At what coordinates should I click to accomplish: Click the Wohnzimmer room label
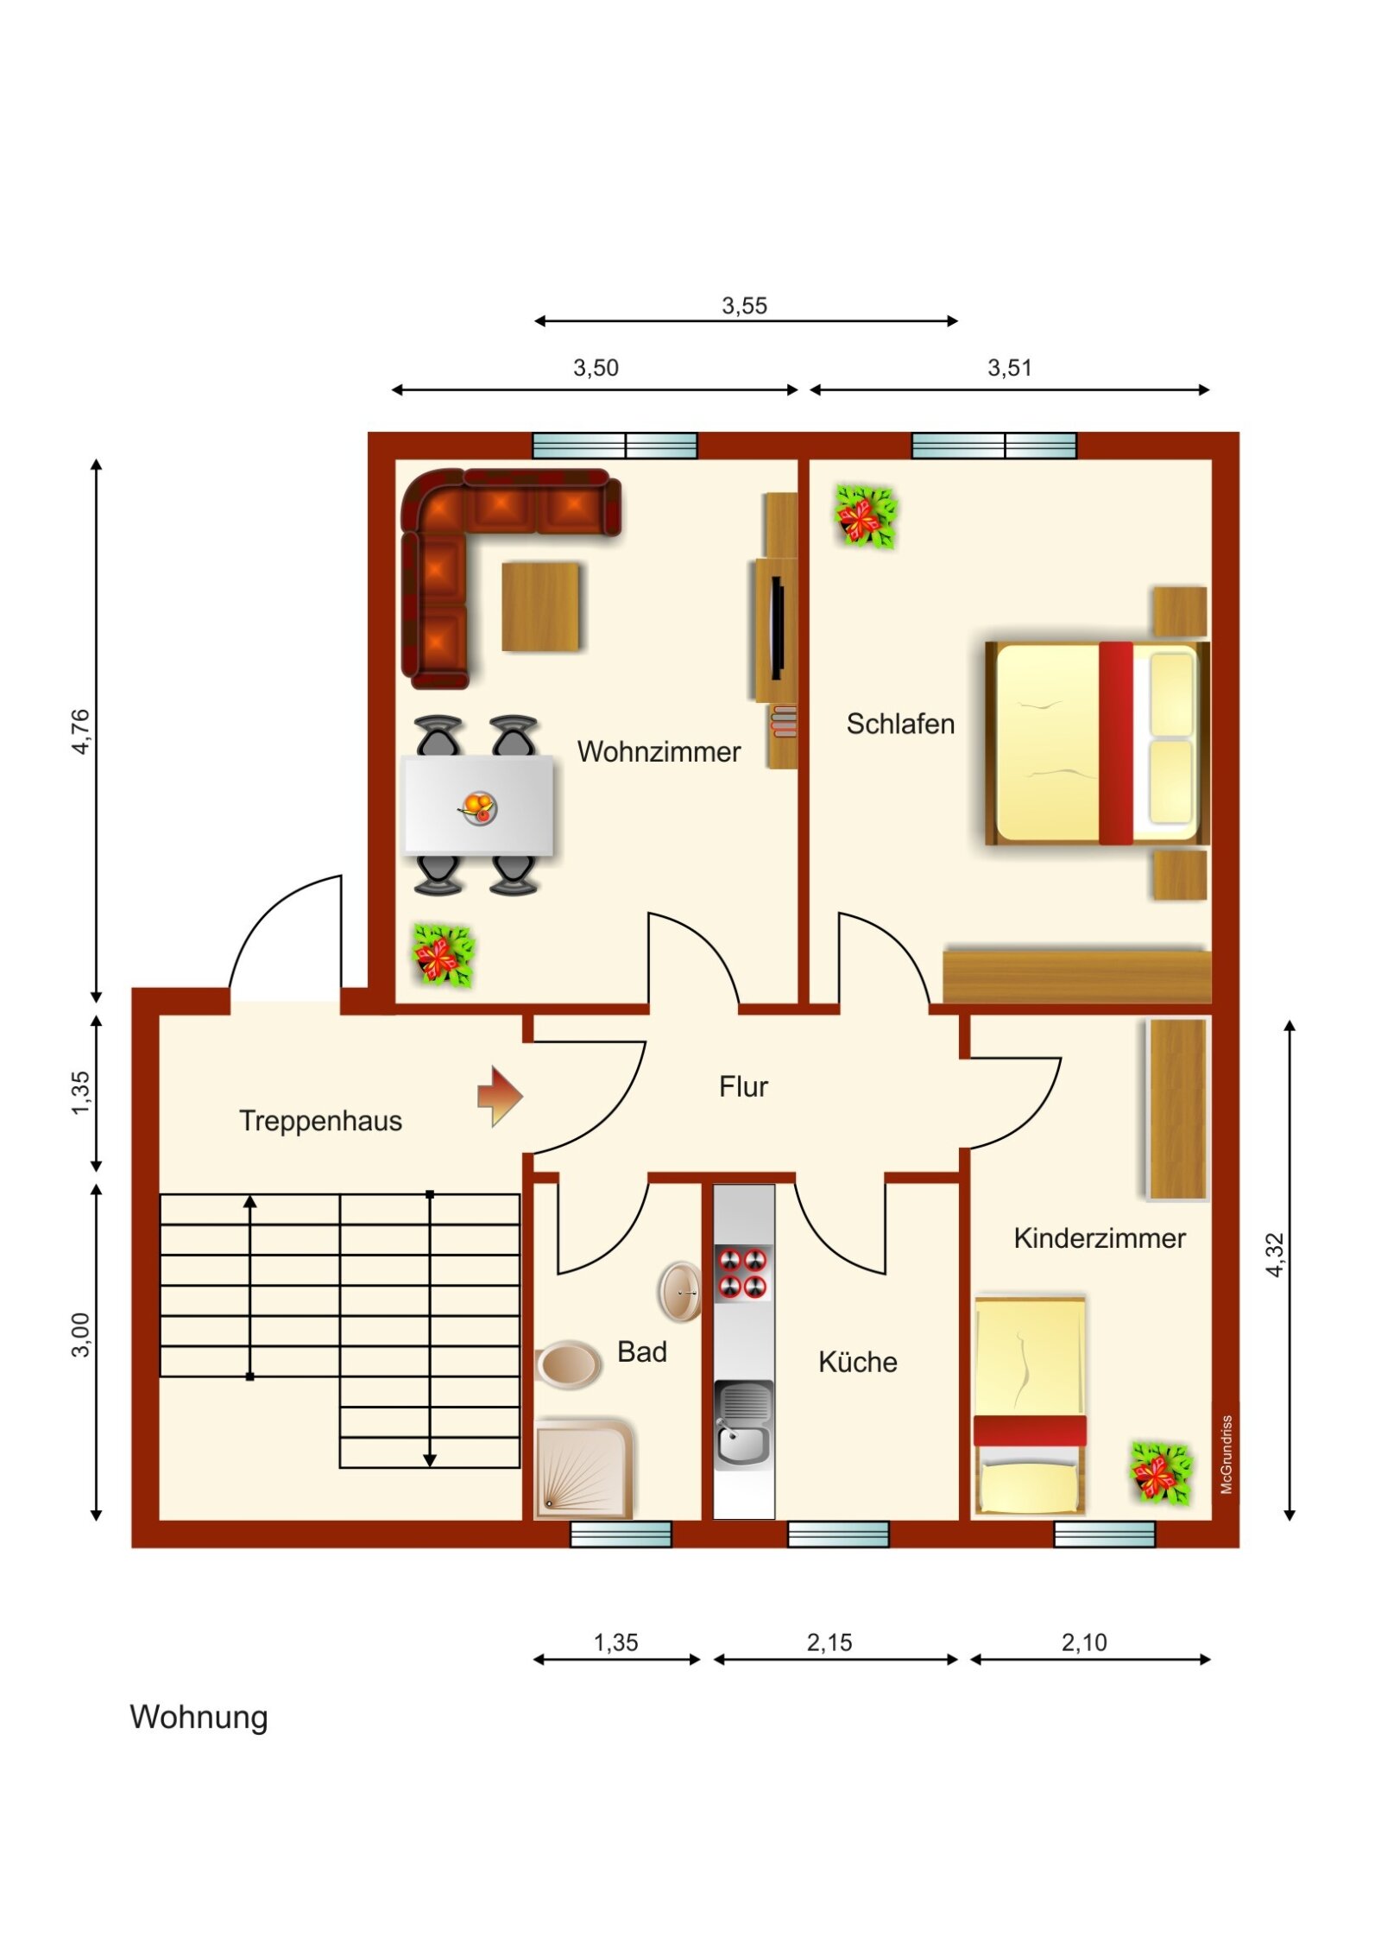pos(659,751)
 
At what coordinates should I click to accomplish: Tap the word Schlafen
pos(900,724)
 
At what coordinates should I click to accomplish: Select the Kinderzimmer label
pos(1100,1238)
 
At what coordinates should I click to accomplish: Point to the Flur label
pos(743,1086)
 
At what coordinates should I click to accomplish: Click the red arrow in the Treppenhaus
pos(500,1096)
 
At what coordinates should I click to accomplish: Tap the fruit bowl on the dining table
pos(477,808)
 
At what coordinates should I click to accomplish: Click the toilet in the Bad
pos(567,1364)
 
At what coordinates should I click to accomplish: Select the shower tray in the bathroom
pos(584,1468)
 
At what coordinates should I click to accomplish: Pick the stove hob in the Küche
pos(743,1272)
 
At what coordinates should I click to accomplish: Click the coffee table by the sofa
pos(540,606)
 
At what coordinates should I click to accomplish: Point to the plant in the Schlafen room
pos(866,516)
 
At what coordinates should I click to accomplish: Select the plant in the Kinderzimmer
pos(1162,1473)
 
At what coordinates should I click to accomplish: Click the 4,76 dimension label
pos(80,731)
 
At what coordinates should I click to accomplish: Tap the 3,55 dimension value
pos(744,306)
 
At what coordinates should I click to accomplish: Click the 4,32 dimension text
pos(1275,1255)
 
